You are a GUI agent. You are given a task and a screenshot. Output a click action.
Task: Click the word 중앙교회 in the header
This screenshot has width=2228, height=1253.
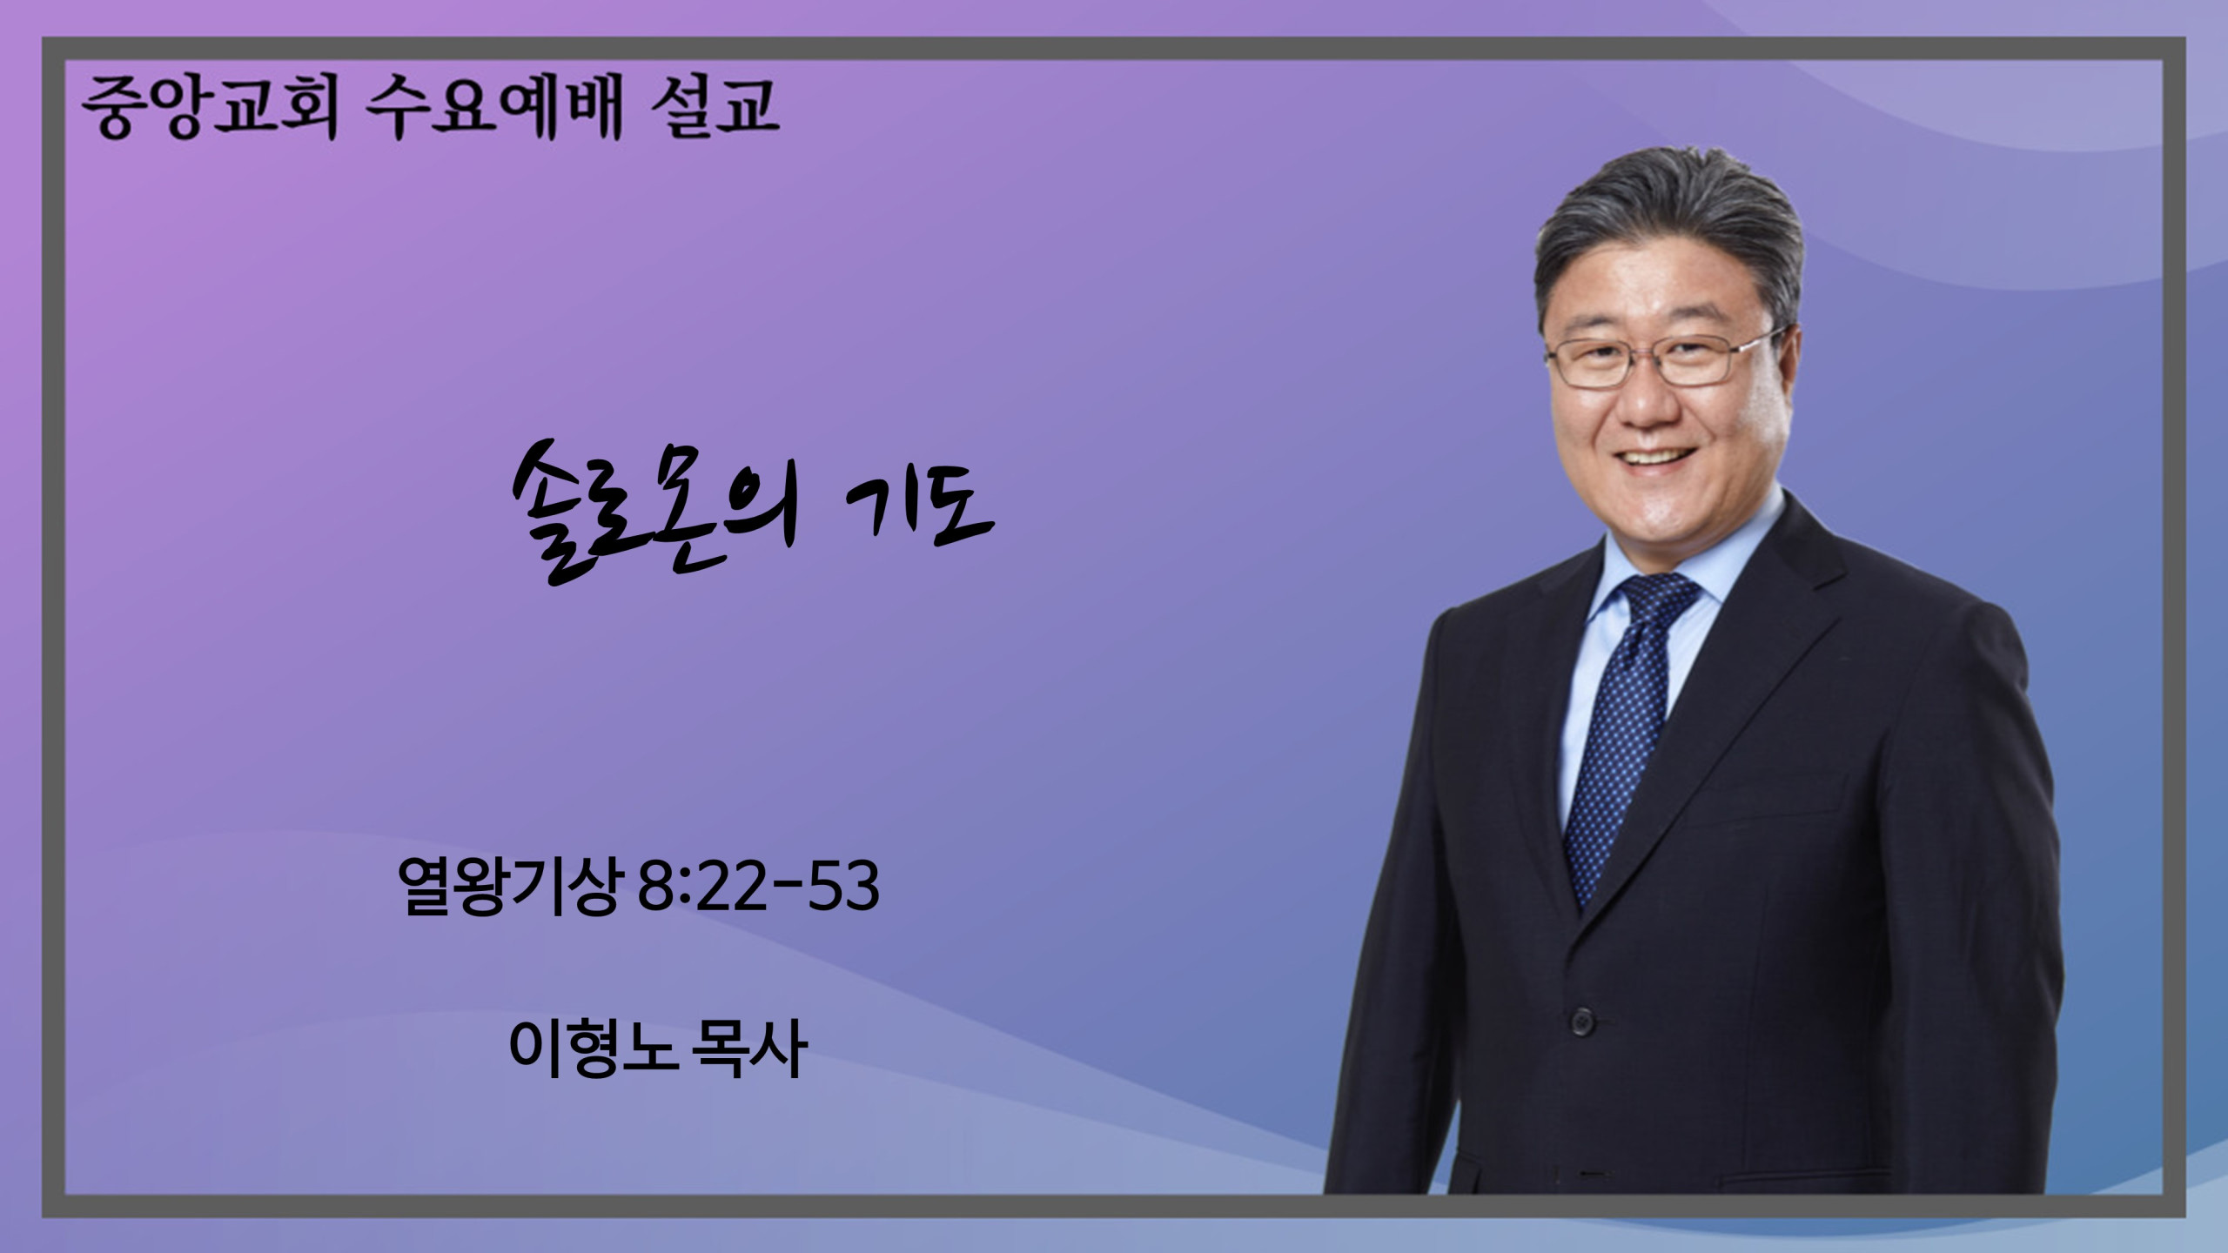(x=209, y=108)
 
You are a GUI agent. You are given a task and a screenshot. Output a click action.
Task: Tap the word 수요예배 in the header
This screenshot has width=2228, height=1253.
(x=493, y=108)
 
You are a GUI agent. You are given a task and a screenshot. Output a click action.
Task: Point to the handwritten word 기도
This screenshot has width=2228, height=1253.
(x=920, y=511)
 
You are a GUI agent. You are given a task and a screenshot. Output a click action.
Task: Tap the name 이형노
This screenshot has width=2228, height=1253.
(x=593, y=1049)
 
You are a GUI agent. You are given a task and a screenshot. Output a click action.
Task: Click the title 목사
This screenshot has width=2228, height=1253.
(x=748, y=1049)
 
